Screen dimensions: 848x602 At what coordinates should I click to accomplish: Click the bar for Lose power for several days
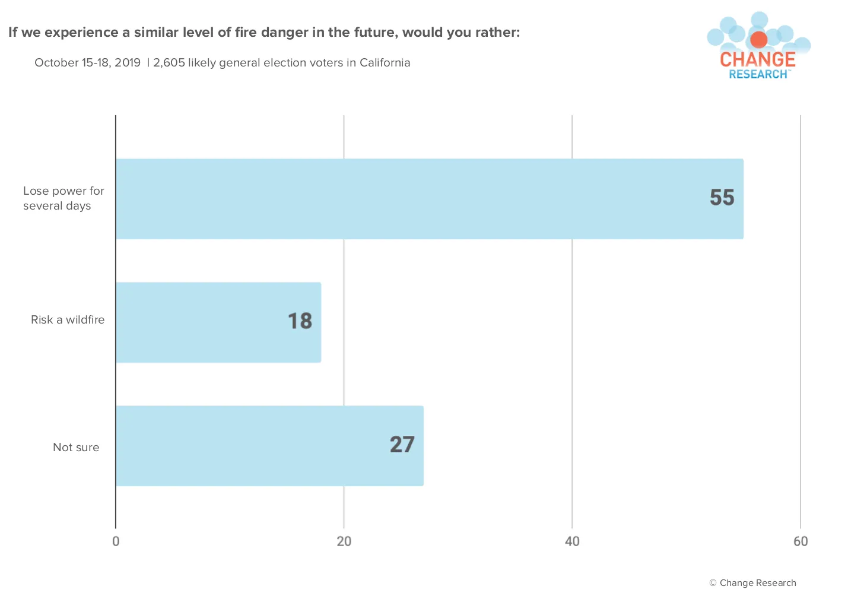pos(430,199)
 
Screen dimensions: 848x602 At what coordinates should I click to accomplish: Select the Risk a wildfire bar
pos(218,322)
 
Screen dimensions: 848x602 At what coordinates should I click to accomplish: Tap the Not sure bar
pos(270,446)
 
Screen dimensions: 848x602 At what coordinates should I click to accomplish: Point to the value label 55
pos(722,197)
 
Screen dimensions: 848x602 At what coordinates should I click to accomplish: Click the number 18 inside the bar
pos(300,321)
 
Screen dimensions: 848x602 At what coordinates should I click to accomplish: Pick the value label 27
pos(402,445)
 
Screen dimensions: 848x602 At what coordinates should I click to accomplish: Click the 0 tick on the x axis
pos(116,541)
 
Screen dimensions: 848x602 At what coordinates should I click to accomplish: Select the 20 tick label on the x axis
pos(344,541)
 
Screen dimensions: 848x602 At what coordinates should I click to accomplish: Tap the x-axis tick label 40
pos(572,541)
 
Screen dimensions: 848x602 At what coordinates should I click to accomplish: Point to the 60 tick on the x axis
pos(801,541)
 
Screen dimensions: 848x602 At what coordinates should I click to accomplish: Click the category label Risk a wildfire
pos(68,320)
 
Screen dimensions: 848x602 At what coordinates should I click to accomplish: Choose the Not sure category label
pos(76,448)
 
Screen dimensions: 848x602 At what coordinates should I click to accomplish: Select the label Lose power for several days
pos(63,198)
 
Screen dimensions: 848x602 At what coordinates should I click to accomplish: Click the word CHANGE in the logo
pos(758,60)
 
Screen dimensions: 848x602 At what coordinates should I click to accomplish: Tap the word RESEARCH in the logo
pos(758,74)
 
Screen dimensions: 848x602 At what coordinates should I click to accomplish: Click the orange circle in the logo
pos(758,40)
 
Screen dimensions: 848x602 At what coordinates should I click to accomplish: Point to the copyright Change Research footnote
pos(752,582)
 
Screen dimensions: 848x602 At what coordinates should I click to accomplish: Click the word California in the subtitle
pos(385,62)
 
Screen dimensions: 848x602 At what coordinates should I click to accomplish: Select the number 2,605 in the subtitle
pos(169,62)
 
